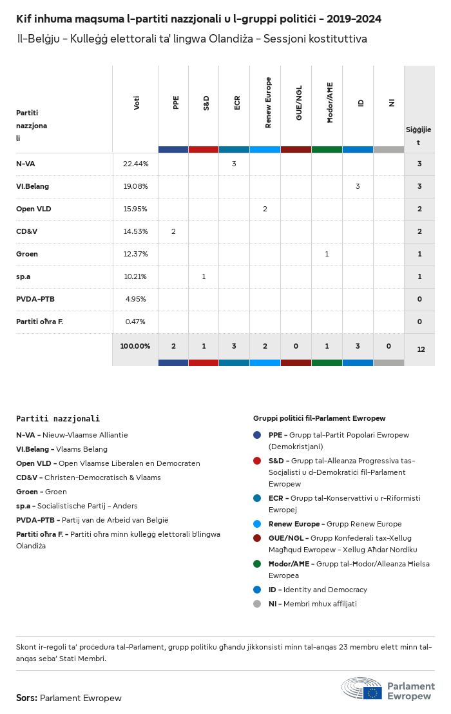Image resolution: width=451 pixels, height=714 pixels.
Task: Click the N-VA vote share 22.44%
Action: pyautogui.click(x=135, y=164)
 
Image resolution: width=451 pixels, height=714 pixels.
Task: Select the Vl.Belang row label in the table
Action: pyautogui.click(x=32, y=186)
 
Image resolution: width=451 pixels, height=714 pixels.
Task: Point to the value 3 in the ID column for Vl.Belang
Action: pyautogui.click(x=358, y=186)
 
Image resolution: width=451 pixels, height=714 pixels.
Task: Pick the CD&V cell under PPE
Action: pyautogui.click(x=173, y=231)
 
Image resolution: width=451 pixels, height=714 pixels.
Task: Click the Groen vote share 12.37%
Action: pyautogui.click(x=135, y=254)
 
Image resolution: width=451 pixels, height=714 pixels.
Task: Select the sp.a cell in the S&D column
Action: pyautogui.click(x=204, y=276)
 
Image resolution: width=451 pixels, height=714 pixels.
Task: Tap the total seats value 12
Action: pyautogui.click(x=421, y=349)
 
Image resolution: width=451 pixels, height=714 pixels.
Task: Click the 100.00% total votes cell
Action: pyautogui.click(x=135, y=346)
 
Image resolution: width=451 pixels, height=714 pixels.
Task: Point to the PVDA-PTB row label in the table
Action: pyautogui.click(x=36, y=299)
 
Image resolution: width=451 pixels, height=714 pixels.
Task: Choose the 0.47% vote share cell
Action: pyautogui.click(x=135, y=322)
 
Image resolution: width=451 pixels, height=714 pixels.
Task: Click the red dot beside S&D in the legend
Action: pyautogui.click(x=257, y=461)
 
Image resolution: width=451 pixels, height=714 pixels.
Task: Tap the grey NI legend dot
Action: pyautogui.click(x=257, y=604)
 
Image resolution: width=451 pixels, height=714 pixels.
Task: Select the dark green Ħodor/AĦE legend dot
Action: pyautogui.click(x=257, y=564)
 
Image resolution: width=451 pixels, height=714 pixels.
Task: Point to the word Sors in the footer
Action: pyautogui.click(x=26, y=698)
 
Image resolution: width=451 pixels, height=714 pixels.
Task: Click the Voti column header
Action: pyautogui.click(x=137, y=102)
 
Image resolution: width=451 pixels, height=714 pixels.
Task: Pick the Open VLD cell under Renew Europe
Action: pyautogui.click(x=265, y=209)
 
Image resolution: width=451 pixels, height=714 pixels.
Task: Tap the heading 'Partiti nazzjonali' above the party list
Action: pyautogui.click(x=58, y=419)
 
